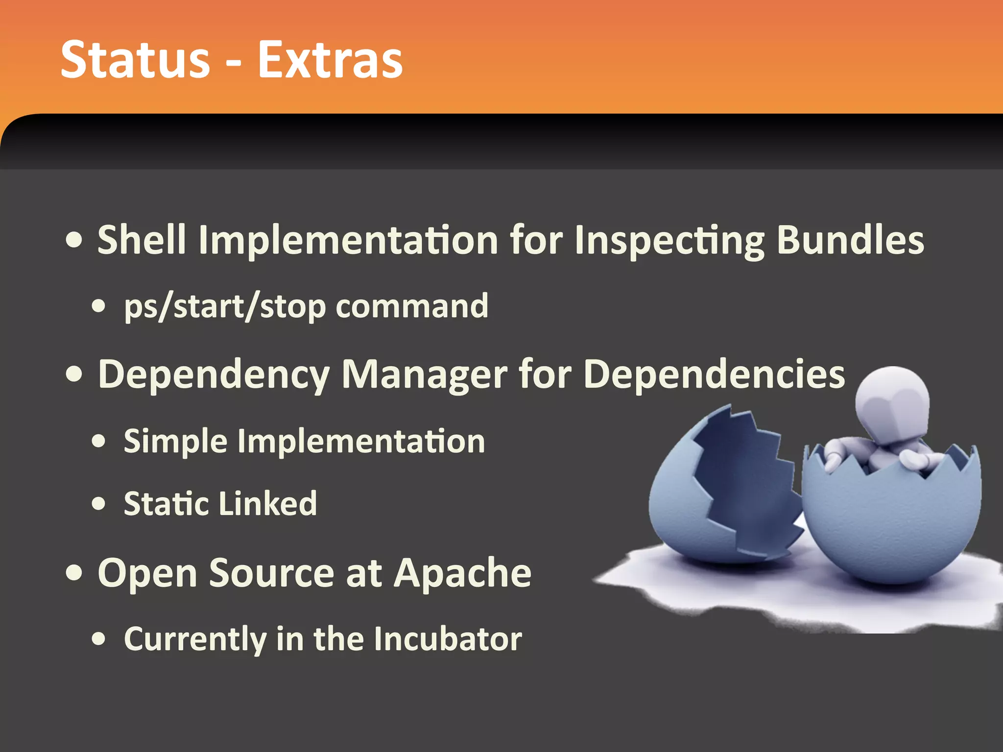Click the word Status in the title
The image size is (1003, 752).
135,60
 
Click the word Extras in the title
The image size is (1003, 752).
330,60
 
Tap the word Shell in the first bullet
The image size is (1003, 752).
142,239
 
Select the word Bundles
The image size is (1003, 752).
850,239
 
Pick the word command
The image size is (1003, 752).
412,306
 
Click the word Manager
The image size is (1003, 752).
424,375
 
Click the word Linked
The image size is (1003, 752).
268,503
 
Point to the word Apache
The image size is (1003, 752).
462,572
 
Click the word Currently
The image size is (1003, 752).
194,639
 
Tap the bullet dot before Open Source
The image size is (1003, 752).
74,572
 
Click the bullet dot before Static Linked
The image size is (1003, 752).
98,504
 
